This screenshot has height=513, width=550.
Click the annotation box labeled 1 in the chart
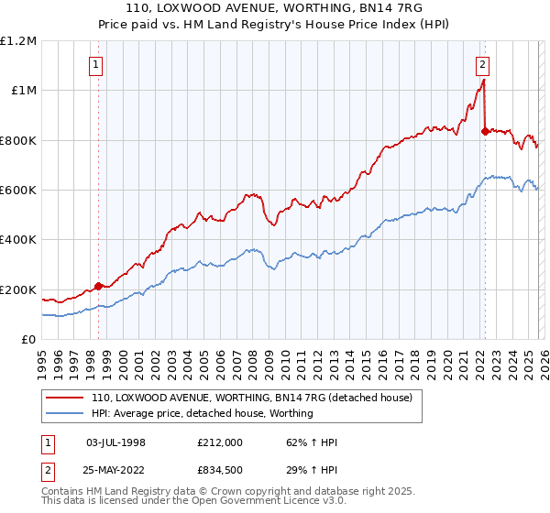pyautogui.click(x=96, y=64)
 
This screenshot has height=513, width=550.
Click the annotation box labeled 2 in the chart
pyautogui.click(x=482, y=64)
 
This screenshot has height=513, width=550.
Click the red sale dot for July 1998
pyautogui.click(x=98, y=286)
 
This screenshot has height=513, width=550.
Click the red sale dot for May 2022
pyautogui.click(x=484, y=131)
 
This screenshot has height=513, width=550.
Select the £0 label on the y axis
pyautogui.click(x=29, y=340)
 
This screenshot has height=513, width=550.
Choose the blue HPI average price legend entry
pyautogui.click(x=202, y=413)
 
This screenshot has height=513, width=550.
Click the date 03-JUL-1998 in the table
pyautogui.click(x=115, y=442)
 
